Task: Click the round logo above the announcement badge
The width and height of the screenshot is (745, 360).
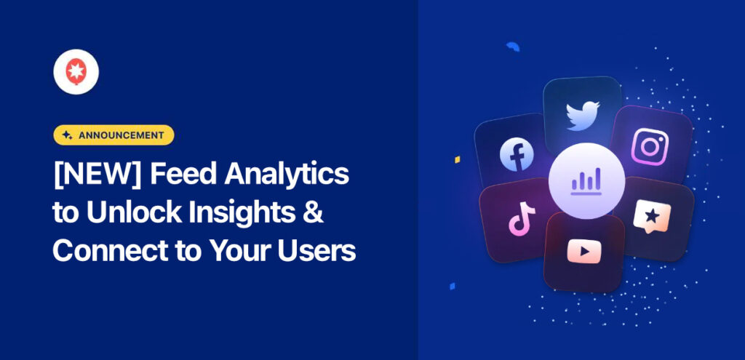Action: (x=76, y=71)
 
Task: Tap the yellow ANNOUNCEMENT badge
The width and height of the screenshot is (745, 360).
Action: (x=113, y=135)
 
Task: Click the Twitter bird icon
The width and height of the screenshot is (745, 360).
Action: (x=583, y=115)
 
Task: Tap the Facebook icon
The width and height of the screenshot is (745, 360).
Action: (x=517, y=153)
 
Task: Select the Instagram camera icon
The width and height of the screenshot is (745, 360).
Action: (x=649, y=146)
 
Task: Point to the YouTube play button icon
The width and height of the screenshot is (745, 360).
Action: (x=584, y=252)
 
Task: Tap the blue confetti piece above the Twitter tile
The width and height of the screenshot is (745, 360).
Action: (x=513, y=47)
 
